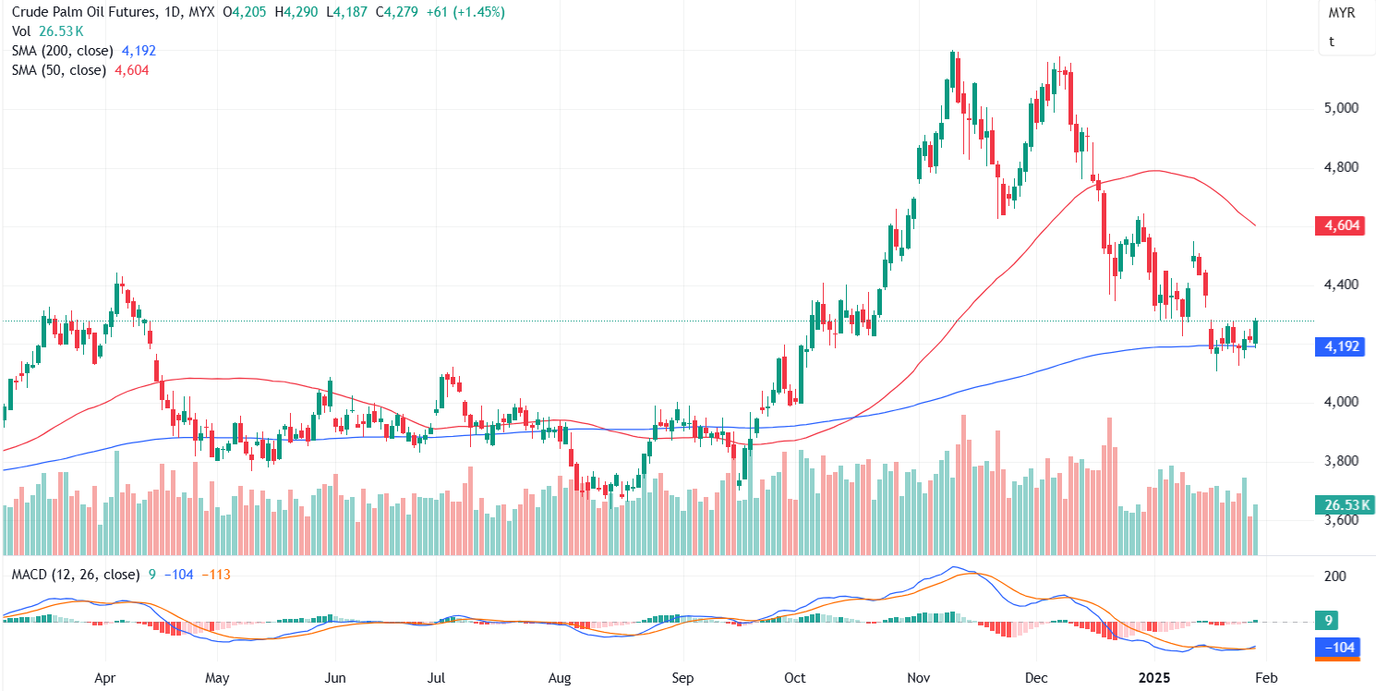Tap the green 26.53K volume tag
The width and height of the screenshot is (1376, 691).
[1341, 504]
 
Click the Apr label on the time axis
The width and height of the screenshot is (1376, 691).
[106, 677]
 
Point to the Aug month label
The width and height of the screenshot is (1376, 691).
[560, 677]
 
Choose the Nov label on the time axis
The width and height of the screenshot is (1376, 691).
[920, 677]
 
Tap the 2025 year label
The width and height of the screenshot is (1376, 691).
[1154, 677]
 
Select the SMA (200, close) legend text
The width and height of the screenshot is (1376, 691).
[62, 51]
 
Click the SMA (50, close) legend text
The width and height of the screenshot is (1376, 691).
[58, 70]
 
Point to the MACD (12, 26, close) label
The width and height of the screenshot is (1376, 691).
[76, 575]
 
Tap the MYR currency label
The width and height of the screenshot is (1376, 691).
[1342, 14]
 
